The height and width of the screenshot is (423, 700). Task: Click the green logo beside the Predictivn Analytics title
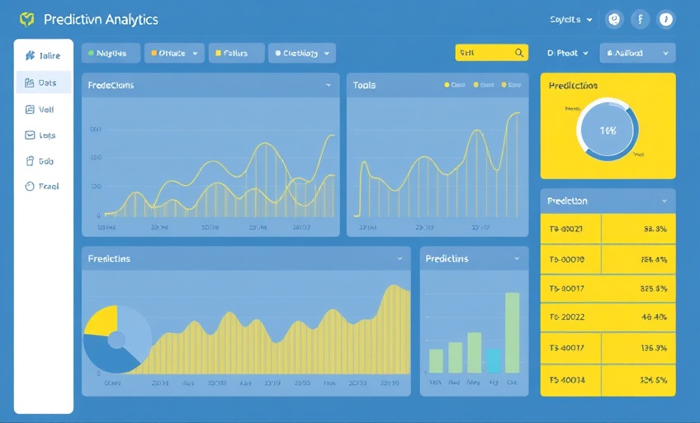tap(26, 19)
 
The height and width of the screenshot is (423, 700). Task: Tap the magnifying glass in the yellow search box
tap(519, 53)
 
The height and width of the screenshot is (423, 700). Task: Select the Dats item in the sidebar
tap(42, 83)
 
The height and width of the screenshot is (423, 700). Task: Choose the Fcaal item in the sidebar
tap(42, 187)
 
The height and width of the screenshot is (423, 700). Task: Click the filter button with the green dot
tap(110, 53)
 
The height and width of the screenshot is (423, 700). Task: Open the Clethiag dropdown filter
tap(301, 53)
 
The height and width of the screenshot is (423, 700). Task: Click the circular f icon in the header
tap(641, 19)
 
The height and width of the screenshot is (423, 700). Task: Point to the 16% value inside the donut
tap(608, 131)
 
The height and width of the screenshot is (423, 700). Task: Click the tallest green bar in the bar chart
tap(512, 332)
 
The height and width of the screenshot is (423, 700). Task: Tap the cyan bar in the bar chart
tap(494, 360)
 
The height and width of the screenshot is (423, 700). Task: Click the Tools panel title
tap(364, 85)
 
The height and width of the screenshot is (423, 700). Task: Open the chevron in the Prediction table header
tap(664, 201)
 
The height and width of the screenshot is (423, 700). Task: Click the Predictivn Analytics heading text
tap(101, 19)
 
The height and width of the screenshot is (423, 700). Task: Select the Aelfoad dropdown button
tap(636, 53)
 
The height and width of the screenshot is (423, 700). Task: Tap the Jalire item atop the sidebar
tap(42, 56)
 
